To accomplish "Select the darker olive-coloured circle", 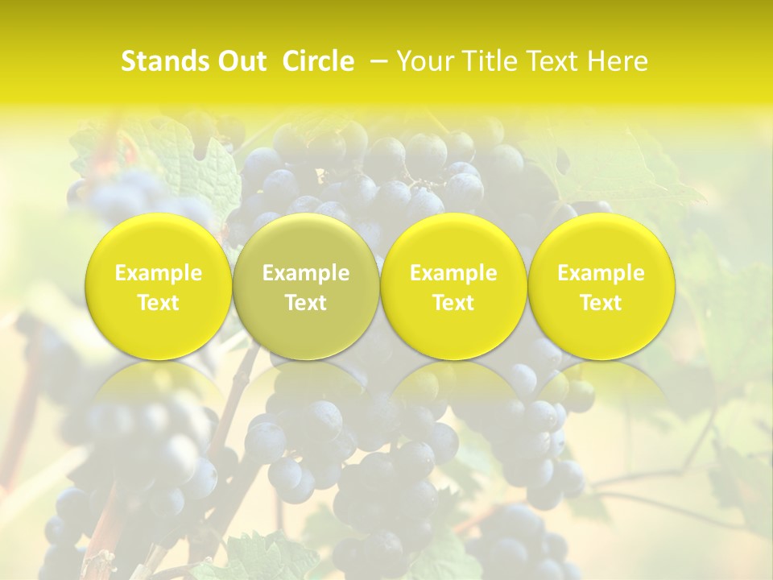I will tap(306, 286).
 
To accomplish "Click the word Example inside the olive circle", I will tap(306, 274).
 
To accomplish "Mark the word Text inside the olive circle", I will tap(306, 303).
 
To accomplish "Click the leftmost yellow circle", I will tap(159, 286).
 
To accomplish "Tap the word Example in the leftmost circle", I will tap(159, 274).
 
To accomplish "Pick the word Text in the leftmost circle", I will tap(159, 303).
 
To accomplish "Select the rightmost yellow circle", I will tap(601, 286).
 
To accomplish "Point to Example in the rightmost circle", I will tap(601, 274).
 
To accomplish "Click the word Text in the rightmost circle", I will tap(601, 303).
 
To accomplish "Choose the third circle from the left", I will tap(453, 286).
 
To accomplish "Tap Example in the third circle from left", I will tap(453, 274).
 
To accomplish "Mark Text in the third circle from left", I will tap(453, 303).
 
